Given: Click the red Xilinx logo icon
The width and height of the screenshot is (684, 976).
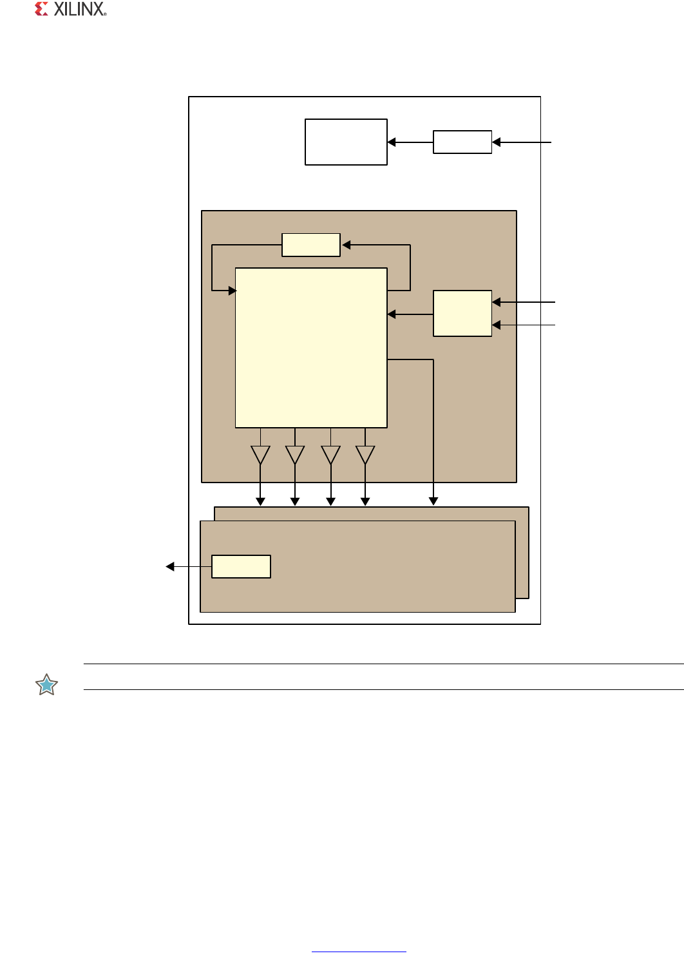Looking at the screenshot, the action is tap(41, 9).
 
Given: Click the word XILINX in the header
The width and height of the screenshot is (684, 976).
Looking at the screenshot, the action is tap(80, 9).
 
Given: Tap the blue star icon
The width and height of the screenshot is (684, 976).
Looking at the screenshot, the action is tap(46, 685).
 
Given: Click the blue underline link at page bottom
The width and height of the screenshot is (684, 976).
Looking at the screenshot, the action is tap(359, 952).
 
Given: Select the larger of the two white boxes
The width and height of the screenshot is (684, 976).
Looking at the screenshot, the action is tap(346, 142).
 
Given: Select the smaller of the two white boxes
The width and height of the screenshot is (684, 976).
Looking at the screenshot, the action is tap(462, 142).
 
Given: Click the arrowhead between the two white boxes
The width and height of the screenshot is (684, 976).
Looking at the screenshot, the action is tap(392, 142).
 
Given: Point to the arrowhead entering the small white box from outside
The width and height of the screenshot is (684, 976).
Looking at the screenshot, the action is tap(496, 142).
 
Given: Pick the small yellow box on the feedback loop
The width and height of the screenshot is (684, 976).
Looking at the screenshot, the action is tap(311, 245).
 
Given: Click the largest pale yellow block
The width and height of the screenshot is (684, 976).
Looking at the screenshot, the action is tap(311, 348).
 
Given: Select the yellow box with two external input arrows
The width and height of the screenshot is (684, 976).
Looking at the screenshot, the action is tap(462, 313).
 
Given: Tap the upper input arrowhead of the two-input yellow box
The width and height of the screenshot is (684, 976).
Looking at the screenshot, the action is tap(496, 302).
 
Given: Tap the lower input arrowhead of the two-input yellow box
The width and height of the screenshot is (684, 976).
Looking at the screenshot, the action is tap(496, 325).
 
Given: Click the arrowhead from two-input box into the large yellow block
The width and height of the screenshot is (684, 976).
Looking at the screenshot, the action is tap(392, 314).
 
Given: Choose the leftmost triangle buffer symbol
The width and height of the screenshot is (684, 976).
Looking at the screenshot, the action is tap(261, 455).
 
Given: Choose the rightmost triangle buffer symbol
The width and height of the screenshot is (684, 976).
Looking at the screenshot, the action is tap(365, 455).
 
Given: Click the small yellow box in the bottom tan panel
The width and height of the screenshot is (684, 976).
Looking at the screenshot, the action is tap(241, 566).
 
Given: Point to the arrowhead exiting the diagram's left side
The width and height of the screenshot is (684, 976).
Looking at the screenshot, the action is tap(170, 566).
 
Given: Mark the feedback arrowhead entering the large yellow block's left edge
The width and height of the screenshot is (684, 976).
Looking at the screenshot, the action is tap(233, 291).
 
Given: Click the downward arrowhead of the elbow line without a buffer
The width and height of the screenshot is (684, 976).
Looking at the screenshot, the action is tap(433, 501).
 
